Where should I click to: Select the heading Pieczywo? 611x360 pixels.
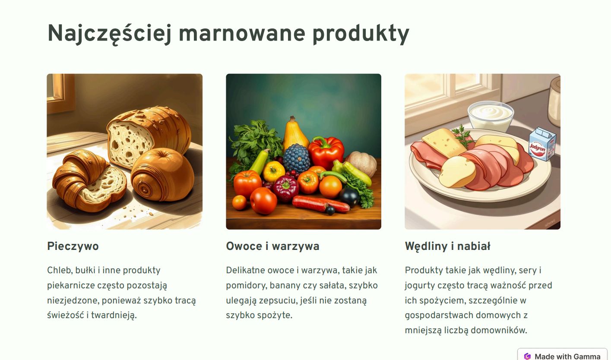pos(73,246)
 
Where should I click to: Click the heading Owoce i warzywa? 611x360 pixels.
pos(272,246)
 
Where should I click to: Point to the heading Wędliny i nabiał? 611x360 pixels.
pos(448,246)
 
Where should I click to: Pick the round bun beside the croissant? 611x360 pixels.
pos(162,174)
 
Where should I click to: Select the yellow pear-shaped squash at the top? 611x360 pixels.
pos(295,135)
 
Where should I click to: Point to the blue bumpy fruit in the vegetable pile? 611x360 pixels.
pos(297,158)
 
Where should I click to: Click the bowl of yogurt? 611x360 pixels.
pos(491,117)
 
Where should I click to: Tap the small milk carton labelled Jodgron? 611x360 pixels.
pos(542,144)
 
